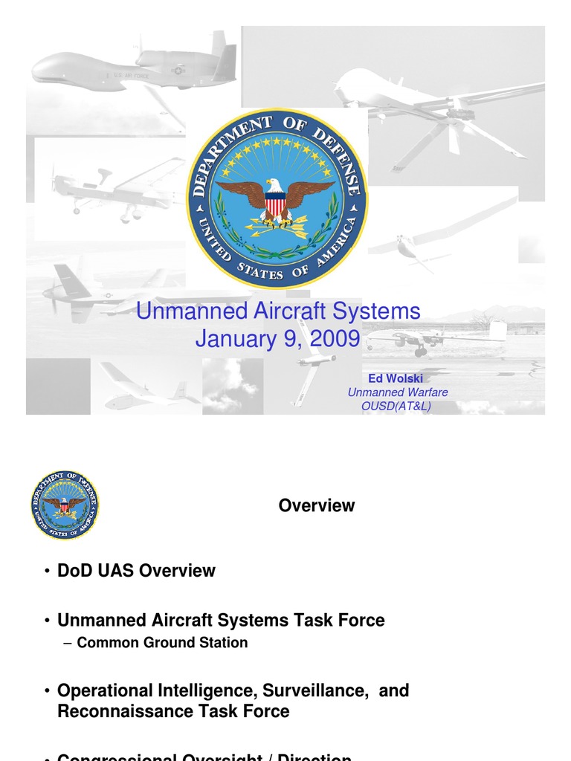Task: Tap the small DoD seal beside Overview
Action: click(x=65, y=505)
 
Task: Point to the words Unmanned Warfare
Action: click(x=398, y=392)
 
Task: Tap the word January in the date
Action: click(x=233, y=339)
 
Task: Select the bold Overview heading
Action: click(x=317, y=506)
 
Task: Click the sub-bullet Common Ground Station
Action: click(x=162, y=643)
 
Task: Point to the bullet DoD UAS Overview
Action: click(x=136, y=571)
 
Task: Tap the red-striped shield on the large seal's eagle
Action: click(x=276, y=203)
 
